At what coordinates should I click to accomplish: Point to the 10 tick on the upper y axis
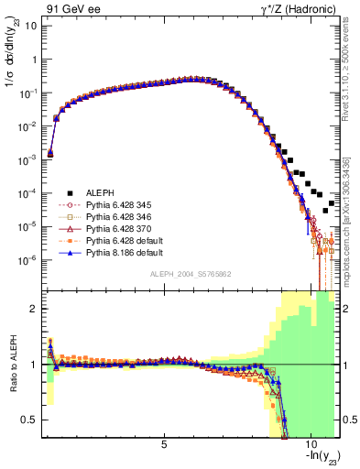click(x=30, y=25)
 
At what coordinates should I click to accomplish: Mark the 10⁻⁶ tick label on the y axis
click(x=27, y=259)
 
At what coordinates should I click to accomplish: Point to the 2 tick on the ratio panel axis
click(x=33, y=309)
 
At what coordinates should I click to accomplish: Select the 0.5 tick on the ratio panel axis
click(x=29, y=420)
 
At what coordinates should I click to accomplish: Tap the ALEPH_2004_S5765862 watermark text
click(x=190, y=275)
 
